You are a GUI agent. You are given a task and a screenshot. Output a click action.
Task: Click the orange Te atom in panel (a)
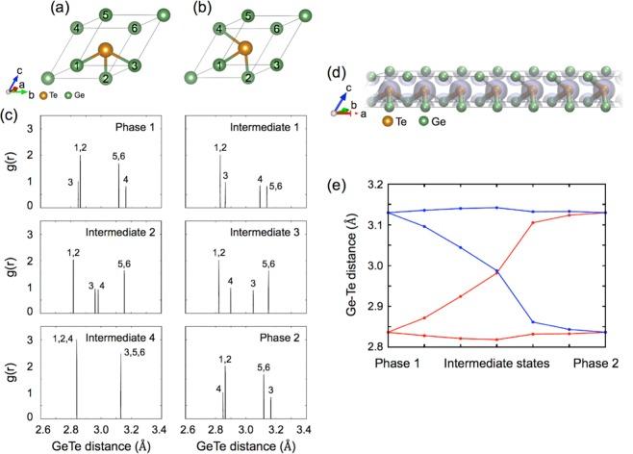[x=105, y=49]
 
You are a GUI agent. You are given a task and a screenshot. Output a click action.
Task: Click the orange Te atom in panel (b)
[x=246, y=48]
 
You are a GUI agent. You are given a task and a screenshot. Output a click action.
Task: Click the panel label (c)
[x=10, y=115]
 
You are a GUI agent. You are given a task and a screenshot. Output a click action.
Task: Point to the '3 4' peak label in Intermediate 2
[x=96, y=286]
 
